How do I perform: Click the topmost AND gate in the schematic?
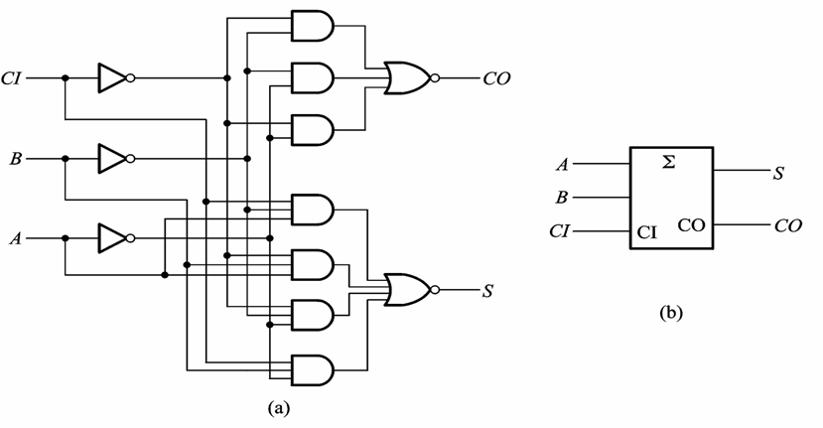click(x=313, y=25)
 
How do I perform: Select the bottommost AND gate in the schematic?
click(x=313, y=370)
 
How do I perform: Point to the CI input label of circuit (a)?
click(x=12, y=78)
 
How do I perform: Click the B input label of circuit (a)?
click(x=16, y=159)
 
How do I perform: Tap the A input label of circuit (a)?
click(x=16, y=239)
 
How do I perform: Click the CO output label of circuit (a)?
click(x=496, y=79)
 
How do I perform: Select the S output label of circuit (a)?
click(x=488, y=290)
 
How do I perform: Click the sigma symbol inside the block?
click(x=668, y=163)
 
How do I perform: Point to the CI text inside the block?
click(x=646, y=231)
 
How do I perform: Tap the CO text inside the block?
click(x=691, y=225)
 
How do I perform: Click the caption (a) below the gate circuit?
click(x=278, y=408)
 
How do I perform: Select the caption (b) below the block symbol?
click(x=671, y=313)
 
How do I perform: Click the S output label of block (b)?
click(x=778, y=174)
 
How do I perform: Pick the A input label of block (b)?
click(x=562, y=165)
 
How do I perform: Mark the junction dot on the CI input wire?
click(x=66, y=78)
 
